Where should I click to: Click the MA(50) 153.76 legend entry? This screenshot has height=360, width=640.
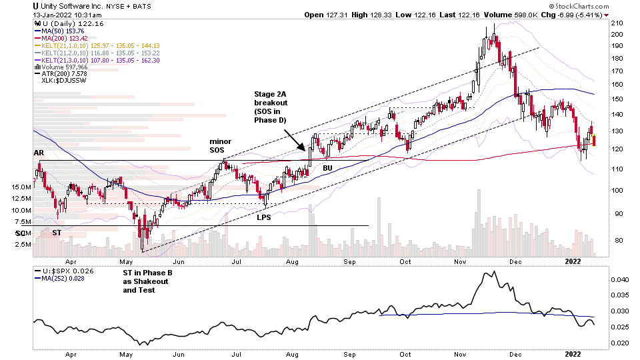coord(61,31)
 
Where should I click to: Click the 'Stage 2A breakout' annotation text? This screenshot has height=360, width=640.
coord(271,105)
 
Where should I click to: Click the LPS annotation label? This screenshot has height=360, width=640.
coord(263,217)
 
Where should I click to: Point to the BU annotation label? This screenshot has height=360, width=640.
coord(327,168)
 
